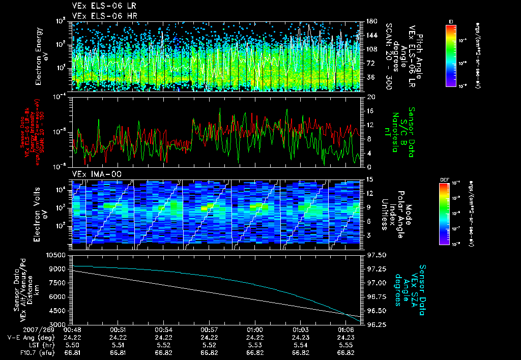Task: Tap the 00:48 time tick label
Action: click(72, 329)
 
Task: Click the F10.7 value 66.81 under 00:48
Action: click(72, 352)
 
